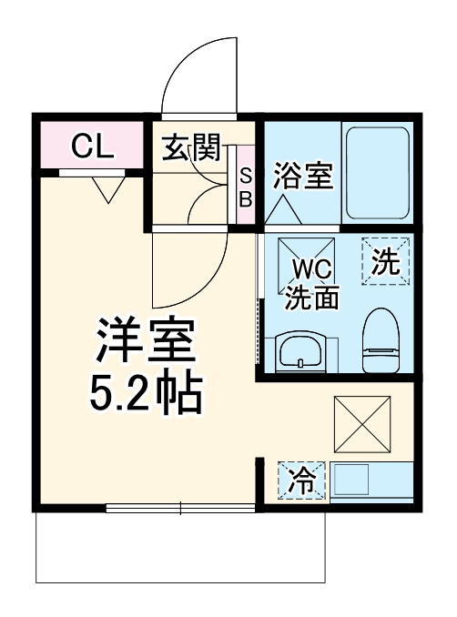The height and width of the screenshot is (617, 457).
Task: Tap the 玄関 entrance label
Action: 193,147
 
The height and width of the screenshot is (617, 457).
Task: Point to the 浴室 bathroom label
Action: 302,176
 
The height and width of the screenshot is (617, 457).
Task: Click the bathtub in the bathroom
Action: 375,172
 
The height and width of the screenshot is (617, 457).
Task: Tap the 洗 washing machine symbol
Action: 386,262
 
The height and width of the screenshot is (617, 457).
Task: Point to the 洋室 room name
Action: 145,342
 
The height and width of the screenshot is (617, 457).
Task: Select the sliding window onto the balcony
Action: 179,509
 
